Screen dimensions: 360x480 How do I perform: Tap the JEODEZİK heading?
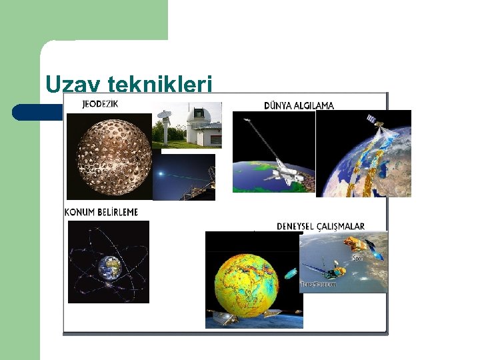[x=101, y=104]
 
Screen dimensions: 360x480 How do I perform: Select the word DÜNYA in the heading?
[x=279, y=105]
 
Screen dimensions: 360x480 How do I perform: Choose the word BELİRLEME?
[x=119, y=212]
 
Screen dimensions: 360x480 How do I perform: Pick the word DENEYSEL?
[x=296, y=227]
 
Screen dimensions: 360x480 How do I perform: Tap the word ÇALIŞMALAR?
[x=341, y=227]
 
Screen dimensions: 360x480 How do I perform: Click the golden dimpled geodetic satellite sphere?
[x=109, y=157]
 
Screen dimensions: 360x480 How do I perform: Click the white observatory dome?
[x=200, y=121]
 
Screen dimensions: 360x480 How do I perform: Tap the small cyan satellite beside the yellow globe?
[x=291, y=273]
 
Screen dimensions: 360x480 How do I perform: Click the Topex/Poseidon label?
[x=319, y=285]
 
